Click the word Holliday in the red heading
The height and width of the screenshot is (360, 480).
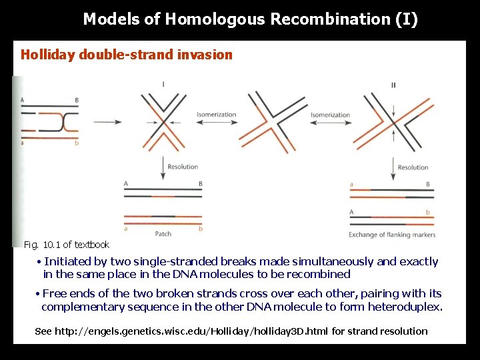(47, 55)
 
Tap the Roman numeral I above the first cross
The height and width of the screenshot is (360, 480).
(163, 85)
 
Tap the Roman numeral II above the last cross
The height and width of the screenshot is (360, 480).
(393, 85)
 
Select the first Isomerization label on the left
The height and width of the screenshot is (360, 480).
(216, 115)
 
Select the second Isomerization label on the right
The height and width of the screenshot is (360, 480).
(330, 115)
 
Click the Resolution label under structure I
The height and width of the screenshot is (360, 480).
(183, 167)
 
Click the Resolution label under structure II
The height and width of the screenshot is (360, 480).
(413, 167)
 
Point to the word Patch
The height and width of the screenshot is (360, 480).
(163, 234)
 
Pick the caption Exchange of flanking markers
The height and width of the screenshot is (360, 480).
(391, 235)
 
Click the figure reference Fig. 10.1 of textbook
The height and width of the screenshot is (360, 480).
(66, 245)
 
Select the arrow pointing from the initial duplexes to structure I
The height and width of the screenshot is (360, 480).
(107, 121)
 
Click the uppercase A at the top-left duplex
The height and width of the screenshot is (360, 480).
(23, 100)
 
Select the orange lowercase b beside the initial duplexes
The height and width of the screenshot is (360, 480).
(77, 143)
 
